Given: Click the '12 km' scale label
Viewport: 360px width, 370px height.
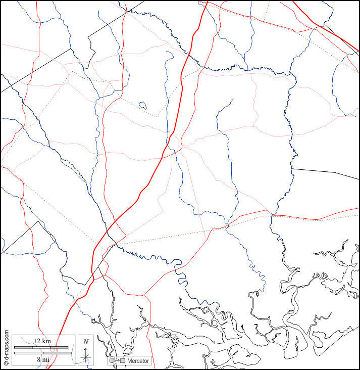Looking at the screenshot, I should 42,341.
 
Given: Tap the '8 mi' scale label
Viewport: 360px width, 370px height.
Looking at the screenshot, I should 42,359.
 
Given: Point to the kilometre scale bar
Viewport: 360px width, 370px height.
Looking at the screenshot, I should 41,347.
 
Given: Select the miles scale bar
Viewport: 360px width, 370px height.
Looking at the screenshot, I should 41,352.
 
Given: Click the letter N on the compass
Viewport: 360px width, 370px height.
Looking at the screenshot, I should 86,342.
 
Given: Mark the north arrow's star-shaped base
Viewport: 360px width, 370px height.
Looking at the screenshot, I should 86,357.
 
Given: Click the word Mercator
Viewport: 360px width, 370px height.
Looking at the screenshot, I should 138,361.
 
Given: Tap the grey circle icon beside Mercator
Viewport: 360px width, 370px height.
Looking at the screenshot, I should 112,361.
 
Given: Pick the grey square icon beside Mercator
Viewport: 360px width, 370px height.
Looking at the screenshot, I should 122,361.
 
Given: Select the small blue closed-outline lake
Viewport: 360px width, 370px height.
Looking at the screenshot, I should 142,106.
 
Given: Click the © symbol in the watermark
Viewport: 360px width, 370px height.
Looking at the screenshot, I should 6,362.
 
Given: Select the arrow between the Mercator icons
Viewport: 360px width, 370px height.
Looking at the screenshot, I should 117,361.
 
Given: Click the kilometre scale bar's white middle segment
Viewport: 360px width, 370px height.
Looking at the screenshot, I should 41,347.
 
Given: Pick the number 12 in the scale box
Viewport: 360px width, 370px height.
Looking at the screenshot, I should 37,341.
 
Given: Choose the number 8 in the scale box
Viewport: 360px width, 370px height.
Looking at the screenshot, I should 38,359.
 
